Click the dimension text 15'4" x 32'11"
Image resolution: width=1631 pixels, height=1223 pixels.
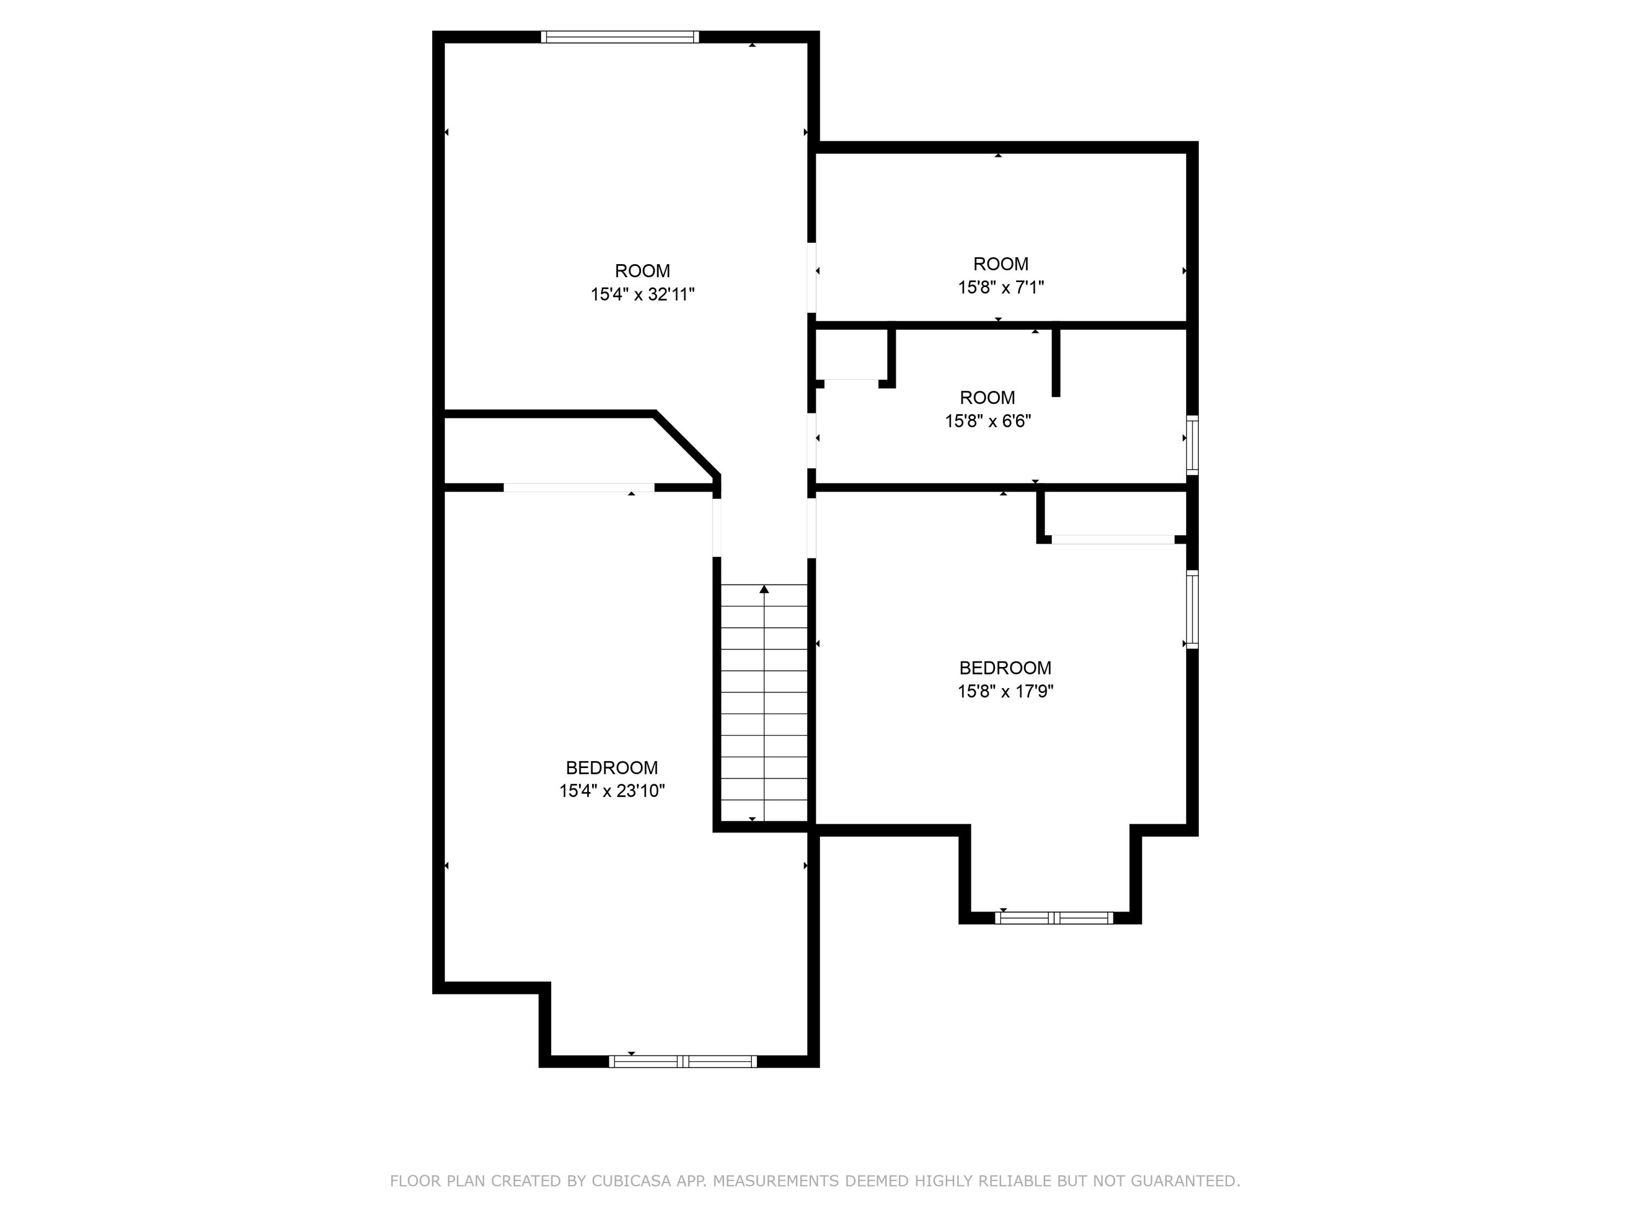(x=642, y=295)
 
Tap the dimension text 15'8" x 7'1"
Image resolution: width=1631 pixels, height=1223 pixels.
(x=1000, y=288)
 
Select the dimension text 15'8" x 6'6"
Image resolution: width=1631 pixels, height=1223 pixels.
(x=987, y=421)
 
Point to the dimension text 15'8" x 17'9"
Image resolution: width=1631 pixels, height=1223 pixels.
(x=1005, y=691)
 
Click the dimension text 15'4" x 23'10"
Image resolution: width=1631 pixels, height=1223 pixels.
(x=612, y=791)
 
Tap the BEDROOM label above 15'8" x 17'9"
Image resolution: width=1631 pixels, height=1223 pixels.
(x=1005, y=668)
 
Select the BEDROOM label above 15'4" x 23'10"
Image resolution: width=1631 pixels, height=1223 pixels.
(x=612, y=768)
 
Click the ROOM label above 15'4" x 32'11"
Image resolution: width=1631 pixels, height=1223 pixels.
(x=642, y=271)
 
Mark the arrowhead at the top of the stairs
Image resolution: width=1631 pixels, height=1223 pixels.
(x=764, y=589)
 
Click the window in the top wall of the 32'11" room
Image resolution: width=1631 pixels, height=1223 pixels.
(x=619, y=37)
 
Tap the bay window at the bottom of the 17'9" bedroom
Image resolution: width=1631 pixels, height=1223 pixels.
(x=1053, y=918)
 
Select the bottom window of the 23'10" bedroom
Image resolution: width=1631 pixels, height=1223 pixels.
(x=682, y=1062)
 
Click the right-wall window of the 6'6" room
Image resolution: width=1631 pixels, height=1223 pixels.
(x=1192, y=445)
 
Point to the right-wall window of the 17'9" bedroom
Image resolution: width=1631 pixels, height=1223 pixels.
(x=1192, y=609)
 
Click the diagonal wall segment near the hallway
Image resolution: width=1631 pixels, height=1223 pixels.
(x=686, y=444)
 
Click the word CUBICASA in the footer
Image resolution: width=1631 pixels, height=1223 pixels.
(x=631, y=1181)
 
